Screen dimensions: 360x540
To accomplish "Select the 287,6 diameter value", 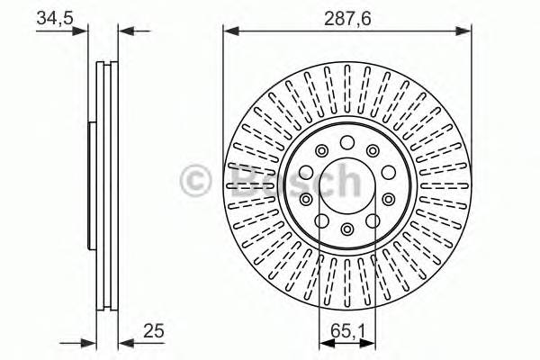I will [346, 16].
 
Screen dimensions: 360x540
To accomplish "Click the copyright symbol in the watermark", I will [197, 179].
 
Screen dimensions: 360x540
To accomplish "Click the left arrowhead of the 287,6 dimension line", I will [229, 31].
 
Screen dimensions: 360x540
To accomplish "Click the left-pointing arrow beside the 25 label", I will [125, 341].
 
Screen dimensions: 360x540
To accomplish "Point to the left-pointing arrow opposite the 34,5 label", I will [126, 31].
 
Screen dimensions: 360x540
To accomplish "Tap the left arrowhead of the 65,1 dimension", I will [325, 341].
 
